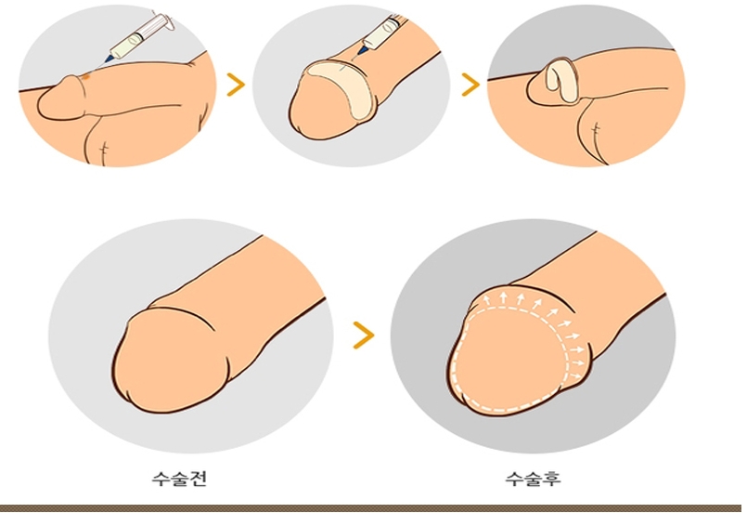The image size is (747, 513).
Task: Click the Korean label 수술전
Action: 179,478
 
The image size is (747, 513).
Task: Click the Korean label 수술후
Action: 533,478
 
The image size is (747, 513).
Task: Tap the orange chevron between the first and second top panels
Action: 236,85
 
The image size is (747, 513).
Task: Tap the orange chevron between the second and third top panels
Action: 470,85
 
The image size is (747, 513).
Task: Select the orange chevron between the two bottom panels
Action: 364,335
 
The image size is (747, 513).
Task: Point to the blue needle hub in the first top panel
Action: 109,59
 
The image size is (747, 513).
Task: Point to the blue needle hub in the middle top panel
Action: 364,48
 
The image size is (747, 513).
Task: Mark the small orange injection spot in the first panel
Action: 86,75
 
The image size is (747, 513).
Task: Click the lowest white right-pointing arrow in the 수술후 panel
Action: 576,376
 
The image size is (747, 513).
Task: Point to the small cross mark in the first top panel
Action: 104,149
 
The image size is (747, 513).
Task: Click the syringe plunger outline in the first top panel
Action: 163,21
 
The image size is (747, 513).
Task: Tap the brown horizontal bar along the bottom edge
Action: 373,508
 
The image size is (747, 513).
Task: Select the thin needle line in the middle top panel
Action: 356,59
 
